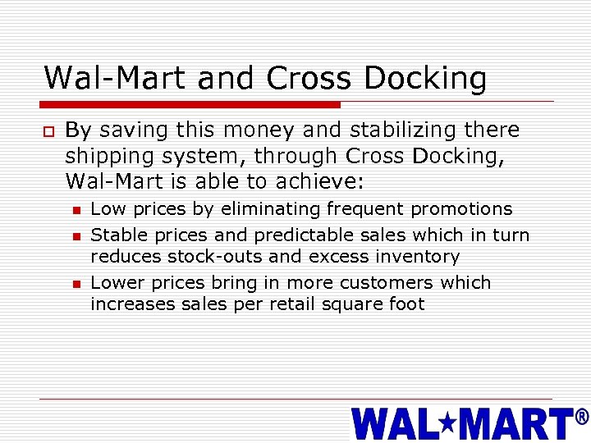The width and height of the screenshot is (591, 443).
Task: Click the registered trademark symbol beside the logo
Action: pos(582,418)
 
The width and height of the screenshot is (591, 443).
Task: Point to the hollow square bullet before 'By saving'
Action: pos(49,131)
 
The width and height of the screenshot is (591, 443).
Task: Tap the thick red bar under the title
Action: pos(191,104)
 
